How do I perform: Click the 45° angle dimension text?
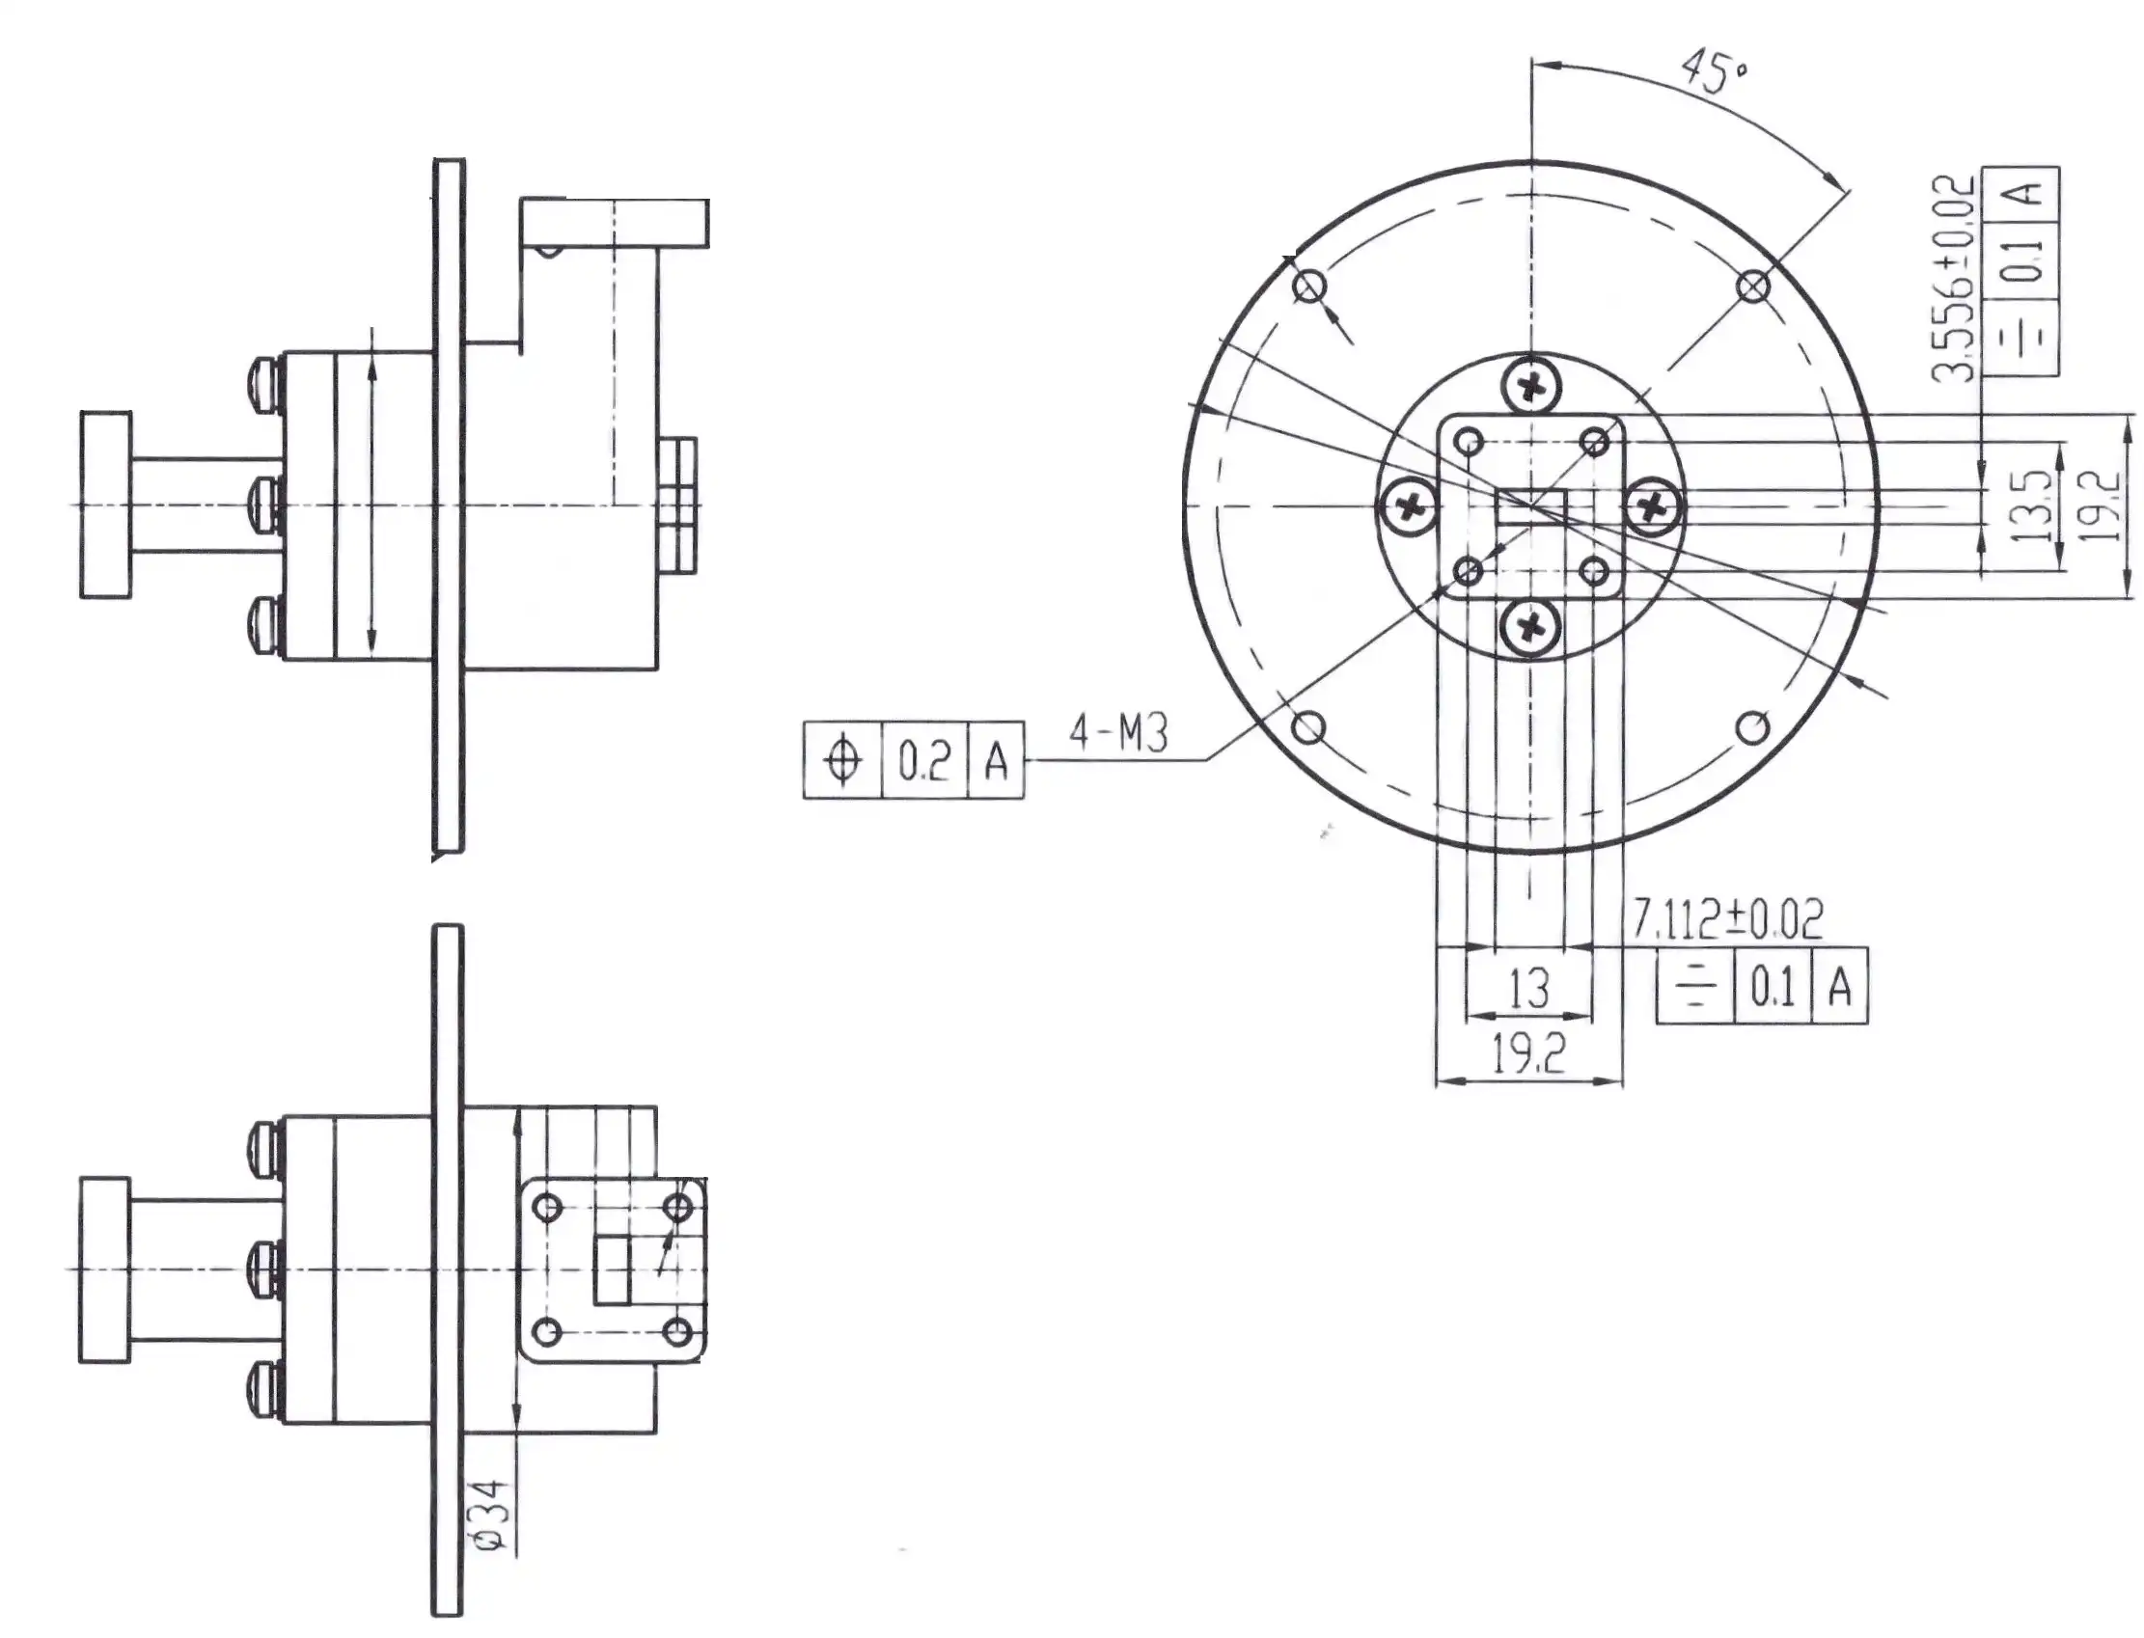pos(1715,73)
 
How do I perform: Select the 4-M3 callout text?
pos(1117,733)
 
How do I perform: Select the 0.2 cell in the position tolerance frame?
pos(923,760)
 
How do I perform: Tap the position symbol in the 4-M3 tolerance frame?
pos(842,760)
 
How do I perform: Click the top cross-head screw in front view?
pos(1529,388)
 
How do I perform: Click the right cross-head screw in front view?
pos(1652,506)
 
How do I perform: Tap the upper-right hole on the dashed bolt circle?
pos(1753,287)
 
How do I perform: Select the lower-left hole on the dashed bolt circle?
pos(1309,727)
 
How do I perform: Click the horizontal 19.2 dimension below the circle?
pos(1527,1055)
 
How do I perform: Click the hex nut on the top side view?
pos(678,506)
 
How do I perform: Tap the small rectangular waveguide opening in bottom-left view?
pos(613,1269)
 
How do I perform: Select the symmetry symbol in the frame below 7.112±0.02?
pos(1694,988)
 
